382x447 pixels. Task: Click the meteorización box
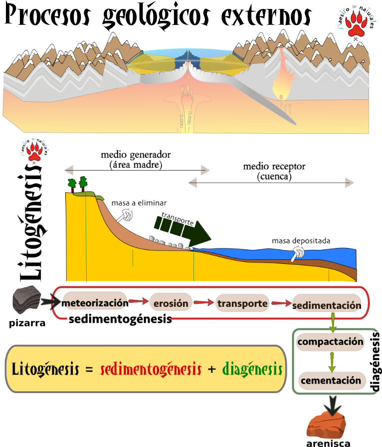pyautogui.click(x=95, y=303)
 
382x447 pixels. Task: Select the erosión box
pyautogui.click(x=171, y=303)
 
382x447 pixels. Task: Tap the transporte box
pyautogui.click(x=243, y=303)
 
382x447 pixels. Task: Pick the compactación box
pyautogui.click(x=330, y=342)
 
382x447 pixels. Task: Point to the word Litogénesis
pyautogui.click(x=45, y=369)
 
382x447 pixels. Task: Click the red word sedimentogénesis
pyautogui.click(x=151, y=369)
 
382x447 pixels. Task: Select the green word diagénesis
pyautogui.click(x=252, y=369)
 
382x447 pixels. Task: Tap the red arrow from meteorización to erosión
pyautogui.click(x=139, y=302)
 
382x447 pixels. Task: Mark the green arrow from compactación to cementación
pyautogui.click(x=331, y=361)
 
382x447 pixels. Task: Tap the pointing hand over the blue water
pyautogui.click(x=298, y=253)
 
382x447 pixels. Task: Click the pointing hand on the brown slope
pyautogui.click(x=125, y=215)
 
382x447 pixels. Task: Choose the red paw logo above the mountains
pyautogui.click(x=357, y=23)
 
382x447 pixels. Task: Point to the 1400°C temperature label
pyautogui.click(x=182, y=121)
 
